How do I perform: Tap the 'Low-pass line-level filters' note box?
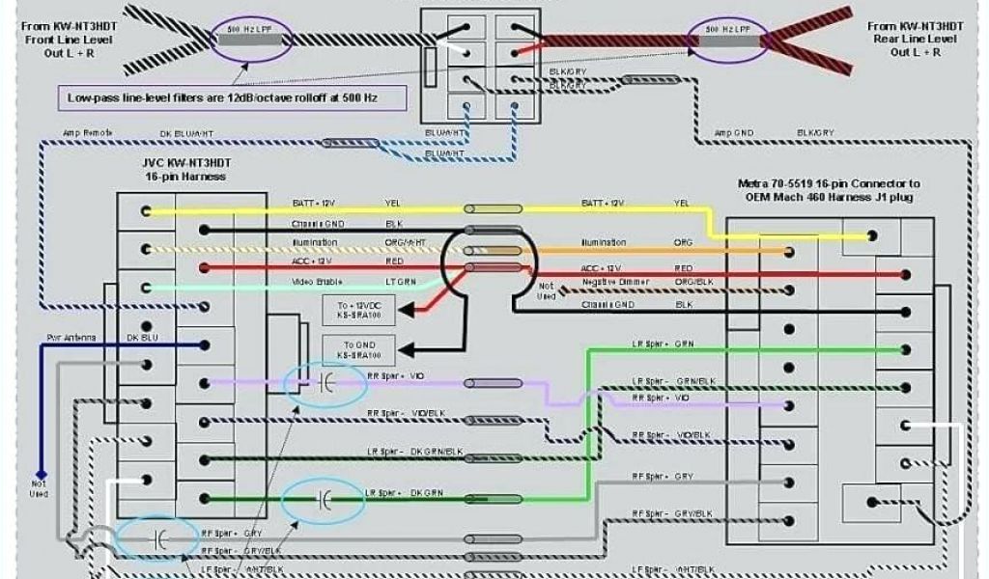point(232,97)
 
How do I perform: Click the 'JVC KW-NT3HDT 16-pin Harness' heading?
point(184,170)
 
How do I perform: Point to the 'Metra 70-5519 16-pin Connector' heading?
point(828,190)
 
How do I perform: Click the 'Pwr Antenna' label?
point(69,338)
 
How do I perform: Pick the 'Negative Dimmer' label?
point(614,281)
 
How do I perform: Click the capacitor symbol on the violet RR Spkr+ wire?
point(326,384)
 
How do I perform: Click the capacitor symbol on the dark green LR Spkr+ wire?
point(324,500)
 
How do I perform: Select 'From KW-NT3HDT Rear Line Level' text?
point(913,39)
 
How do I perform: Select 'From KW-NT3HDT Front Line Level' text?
point(67,40)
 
